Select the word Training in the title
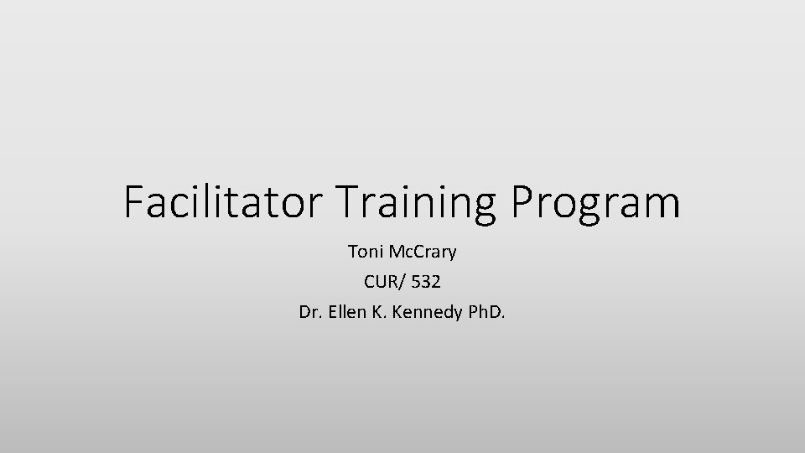click(x=408, y=203)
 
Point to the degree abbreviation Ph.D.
click(x=486, y=314)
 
